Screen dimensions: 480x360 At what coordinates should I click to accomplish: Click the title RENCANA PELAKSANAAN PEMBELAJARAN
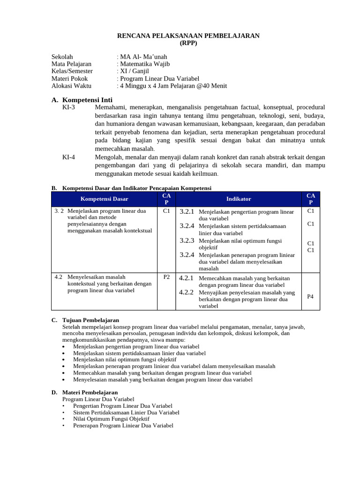(188, 36)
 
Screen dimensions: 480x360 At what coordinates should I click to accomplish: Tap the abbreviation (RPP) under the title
(188, 43)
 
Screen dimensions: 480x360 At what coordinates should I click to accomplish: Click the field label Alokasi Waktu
(71, 86)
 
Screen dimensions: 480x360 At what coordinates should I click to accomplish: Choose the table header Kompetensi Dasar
(104, 199)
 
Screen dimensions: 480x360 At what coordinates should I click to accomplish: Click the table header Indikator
(239, 199)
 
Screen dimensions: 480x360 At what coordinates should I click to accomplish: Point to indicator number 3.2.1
(187, 212)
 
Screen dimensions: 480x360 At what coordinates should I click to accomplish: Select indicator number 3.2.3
(187, 240)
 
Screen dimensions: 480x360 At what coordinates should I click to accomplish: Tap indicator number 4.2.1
(187, 278)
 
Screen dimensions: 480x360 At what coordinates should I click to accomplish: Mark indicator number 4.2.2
(187, 292)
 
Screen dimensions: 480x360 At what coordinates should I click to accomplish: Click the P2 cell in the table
(166, 277)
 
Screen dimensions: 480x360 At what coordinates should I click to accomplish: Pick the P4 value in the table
(310, 296)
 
